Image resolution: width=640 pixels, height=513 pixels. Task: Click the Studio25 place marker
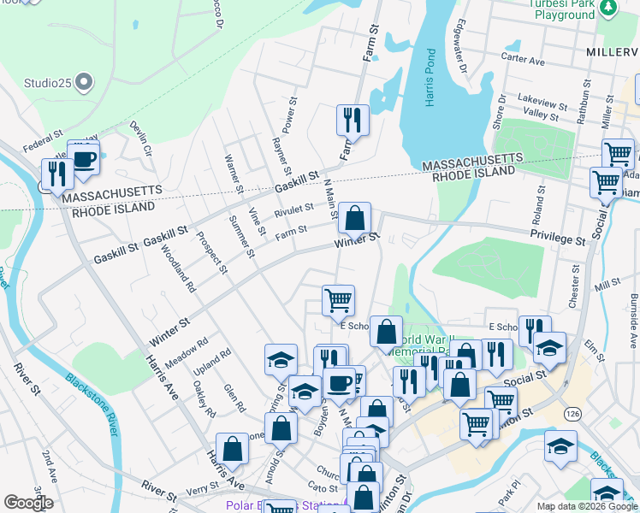[x=83, y=83]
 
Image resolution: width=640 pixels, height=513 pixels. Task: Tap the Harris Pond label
[x=431, y=83]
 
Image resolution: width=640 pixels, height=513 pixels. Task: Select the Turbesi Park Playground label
[x=560, y=9]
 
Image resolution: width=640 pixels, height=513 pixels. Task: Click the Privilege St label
[x=558, y=238]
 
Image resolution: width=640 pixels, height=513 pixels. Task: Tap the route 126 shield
[x=572, y=413]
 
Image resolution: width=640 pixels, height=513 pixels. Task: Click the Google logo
[x=28, y=503]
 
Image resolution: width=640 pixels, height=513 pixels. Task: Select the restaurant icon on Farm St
[x=353, y=121]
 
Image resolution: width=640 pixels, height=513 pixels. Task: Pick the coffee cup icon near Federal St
[x=84, y=158]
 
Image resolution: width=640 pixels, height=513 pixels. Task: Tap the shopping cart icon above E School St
[x=338, y=300]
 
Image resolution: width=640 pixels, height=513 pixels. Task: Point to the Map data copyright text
[x=586, y=506]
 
